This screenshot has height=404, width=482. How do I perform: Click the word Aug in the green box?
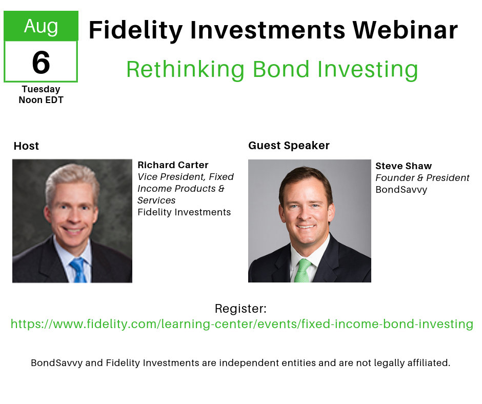tap(41, 26)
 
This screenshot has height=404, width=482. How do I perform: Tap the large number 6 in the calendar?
tap(41, 62)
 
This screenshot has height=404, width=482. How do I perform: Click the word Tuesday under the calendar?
tap(41, 89)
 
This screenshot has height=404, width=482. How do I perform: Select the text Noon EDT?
tap(41, 100)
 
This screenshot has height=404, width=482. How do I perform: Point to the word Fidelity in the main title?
tap(135, 30)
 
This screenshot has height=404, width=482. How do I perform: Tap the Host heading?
tap(26, 146)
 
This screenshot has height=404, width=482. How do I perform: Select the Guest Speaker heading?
tap(289, 146)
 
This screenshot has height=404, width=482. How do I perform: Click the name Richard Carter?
tap(173, 165)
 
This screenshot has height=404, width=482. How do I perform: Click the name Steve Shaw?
tap(403, 166)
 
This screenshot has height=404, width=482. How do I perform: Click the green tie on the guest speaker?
tap(303, 270)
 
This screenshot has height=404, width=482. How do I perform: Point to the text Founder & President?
tap(422, 178)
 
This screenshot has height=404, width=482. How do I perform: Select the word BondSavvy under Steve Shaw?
tap(401, 190)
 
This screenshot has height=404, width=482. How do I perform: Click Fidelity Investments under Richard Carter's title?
tap(184, 212)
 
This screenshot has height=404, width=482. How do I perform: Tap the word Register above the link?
tap(240, 309)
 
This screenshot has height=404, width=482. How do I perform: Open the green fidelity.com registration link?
tap(242, 324)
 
